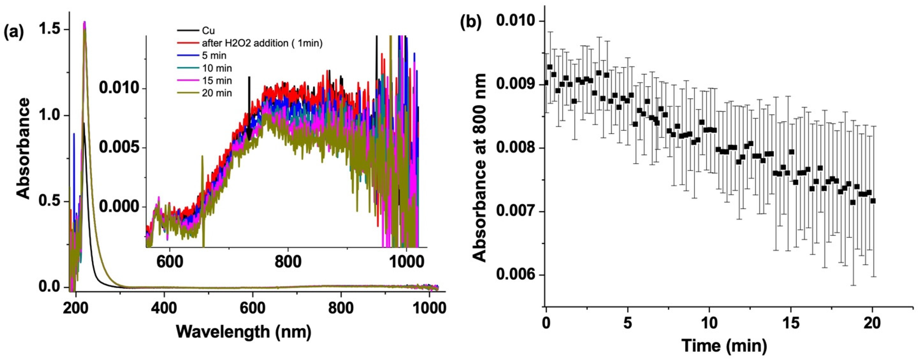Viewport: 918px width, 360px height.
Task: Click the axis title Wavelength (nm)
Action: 244,331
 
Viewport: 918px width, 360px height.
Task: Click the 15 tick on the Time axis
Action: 791,324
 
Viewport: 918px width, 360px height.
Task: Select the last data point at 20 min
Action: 873,201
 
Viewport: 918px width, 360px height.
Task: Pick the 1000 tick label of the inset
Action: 406,262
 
